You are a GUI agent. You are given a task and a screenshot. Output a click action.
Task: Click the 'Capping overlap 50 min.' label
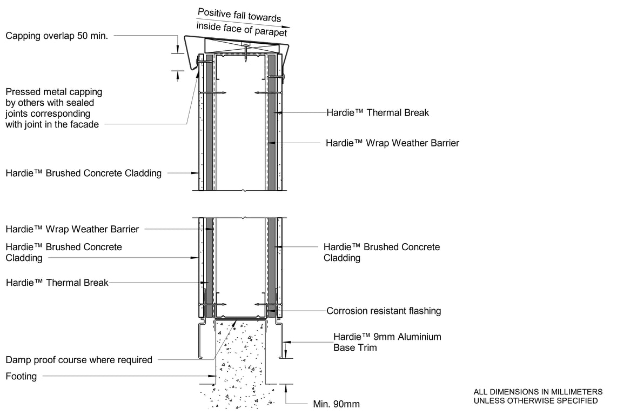click(x=57, y=36)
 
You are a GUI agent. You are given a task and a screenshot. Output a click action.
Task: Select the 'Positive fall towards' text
click(x=239, y=15)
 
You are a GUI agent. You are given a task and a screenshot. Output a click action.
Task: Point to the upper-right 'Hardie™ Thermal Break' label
click(x=378, y=112)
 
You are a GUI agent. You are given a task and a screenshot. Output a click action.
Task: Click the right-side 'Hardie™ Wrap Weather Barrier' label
click(x=392, y=143)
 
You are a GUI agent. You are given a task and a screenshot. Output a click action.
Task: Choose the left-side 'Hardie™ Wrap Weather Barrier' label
click(x=72, y=229)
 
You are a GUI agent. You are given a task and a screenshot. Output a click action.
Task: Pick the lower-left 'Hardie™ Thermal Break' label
click(x=57, y=283)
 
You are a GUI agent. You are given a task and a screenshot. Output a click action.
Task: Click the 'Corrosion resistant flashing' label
click(x=384, y=311)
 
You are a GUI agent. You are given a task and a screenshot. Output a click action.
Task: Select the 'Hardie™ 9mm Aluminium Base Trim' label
click(x=387, y=342)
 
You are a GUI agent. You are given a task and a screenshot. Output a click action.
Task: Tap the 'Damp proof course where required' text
click(x=79, y=360)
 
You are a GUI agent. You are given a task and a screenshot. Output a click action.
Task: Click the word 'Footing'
click(x=21, y=376)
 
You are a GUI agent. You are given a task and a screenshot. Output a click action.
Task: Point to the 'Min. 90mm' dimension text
click(x=336, y=404)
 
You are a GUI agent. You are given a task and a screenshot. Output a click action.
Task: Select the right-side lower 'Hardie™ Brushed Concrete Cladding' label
click(x=381, y=252)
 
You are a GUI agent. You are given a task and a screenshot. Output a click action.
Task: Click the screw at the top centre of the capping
click(x=246, y=52)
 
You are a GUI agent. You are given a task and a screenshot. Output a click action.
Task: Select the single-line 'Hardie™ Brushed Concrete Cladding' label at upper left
click(x=83, y=173)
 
